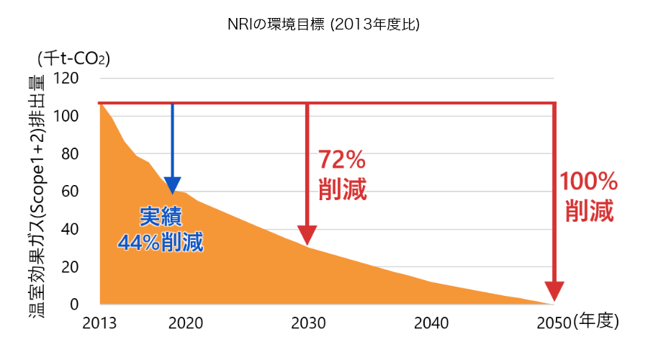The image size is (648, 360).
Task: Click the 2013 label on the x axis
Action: (x=99, y=322)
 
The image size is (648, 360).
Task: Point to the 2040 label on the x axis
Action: (x=432, y=322)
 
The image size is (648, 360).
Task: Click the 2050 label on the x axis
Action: (x=552, y=322)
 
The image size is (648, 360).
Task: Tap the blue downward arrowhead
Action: (x=172, y=186)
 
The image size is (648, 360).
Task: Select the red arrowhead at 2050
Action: (x=554, y=292)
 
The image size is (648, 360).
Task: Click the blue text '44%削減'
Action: (x=161, y=242)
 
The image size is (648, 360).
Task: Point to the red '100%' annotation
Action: (x=589, y=181)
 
